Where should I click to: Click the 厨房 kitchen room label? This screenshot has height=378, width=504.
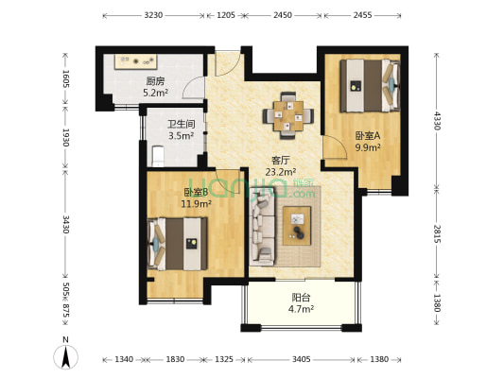click(x=156, y=81)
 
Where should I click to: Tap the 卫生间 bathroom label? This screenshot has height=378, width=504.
click(x=181, y=124)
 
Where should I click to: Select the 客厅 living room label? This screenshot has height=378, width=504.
click(x=280, y=160)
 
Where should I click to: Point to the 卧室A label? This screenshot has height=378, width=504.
click(x=368, y=134)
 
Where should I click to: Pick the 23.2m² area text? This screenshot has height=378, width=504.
click(x=280, y=171)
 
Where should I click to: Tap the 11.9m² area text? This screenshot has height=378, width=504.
click(x=194, y=202)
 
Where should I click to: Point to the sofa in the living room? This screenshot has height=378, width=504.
click(x=263, y=230)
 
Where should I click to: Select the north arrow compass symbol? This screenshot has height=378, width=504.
click(x=64, y=355)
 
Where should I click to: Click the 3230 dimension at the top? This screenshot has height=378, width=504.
click(x=154, y=16)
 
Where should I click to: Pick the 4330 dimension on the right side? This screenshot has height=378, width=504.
click(x=437, y=121)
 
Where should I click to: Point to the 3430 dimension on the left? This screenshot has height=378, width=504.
click(x=65, y=224)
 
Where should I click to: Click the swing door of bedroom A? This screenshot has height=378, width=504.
click(x=333, y=148)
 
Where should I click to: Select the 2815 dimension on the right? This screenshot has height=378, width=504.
click(x=437, y=233)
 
